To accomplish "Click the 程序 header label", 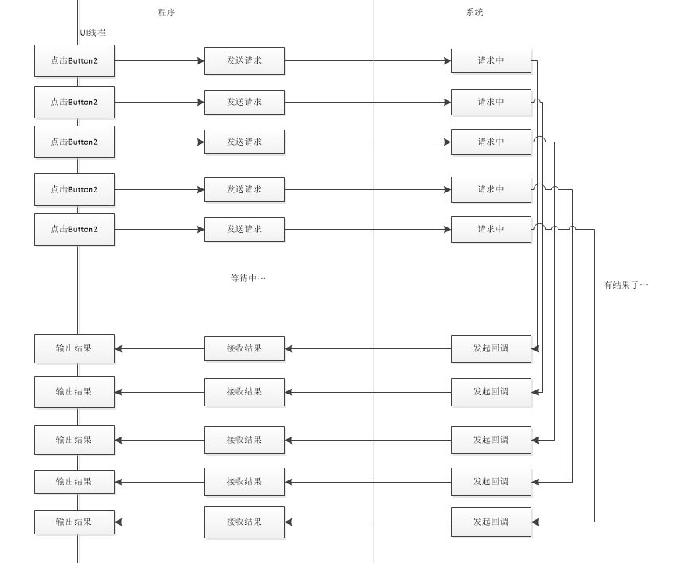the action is [166, 12].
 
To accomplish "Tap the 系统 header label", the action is [474, 12].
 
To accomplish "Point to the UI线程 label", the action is [93, 33].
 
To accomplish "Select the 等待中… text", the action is [248, 278].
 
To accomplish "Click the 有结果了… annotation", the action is [626, 285].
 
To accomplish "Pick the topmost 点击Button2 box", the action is [74, 60].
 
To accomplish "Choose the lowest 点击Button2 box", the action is [74, 230].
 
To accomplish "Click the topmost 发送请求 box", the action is [244, 60].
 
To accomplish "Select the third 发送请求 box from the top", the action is [244, 142].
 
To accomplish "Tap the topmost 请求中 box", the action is [491, 60].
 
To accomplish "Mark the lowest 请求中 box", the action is [491, 230].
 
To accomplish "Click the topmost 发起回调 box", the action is [491, 348].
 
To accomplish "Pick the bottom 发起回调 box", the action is [491, 522].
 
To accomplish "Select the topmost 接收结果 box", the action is [244, 348].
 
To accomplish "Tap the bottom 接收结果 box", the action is [244, 522].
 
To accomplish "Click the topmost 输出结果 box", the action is [74, 348].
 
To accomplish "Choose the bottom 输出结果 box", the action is [74, 522].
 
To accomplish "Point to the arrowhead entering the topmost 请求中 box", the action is [448, 60].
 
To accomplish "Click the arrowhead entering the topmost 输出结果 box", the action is [118, 348].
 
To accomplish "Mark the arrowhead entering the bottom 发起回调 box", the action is [535, 522].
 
